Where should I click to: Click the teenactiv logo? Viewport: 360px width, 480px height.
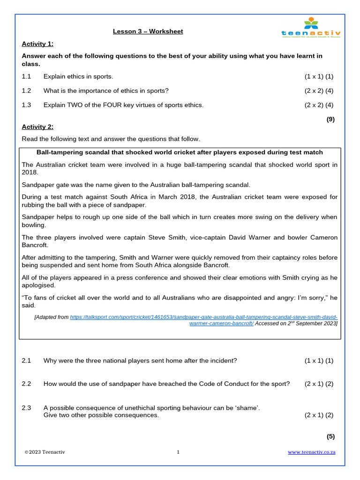311,28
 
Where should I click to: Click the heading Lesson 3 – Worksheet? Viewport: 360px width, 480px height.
148,31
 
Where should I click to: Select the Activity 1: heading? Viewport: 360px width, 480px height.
37,44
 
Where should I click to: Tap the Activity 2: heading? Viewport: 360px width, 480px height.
37,127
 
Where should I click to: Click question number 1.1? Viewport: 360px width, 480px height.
26,76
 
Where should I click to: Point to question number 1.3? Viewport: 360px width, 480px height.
26,105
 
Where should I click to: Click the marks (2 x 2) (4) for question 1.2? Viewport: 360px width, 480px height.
319,90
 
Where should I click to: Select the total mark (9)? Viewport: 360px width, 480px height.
330,119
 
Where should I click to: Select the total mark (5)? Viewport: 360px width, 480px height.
330,436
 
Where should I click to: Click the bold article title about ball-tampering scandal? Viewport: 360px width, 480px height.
180,152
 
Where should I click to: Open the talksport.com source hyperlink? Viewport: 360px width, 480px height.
203,317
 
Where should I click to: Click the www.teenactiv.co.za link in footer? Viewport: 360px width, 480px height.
311,452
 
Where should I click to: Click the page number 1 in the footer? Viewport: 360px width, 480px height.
178,452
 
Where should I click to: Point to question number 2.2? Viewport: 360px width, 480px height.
26,383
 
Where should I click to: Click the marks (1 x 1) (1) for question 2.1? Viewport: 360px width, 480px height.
319,360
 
